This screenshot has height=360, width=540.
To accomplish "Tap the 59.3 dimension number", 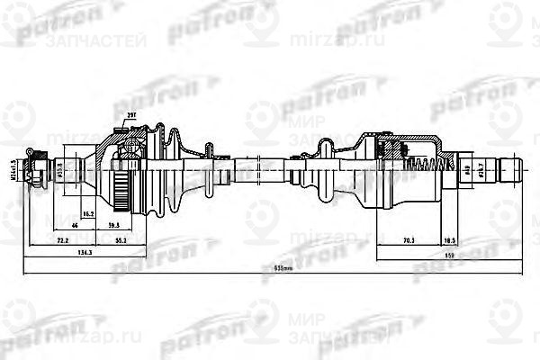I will coord(114,225).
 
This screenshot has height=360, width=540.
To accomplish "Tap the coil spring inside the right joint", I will coord(422,166).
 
